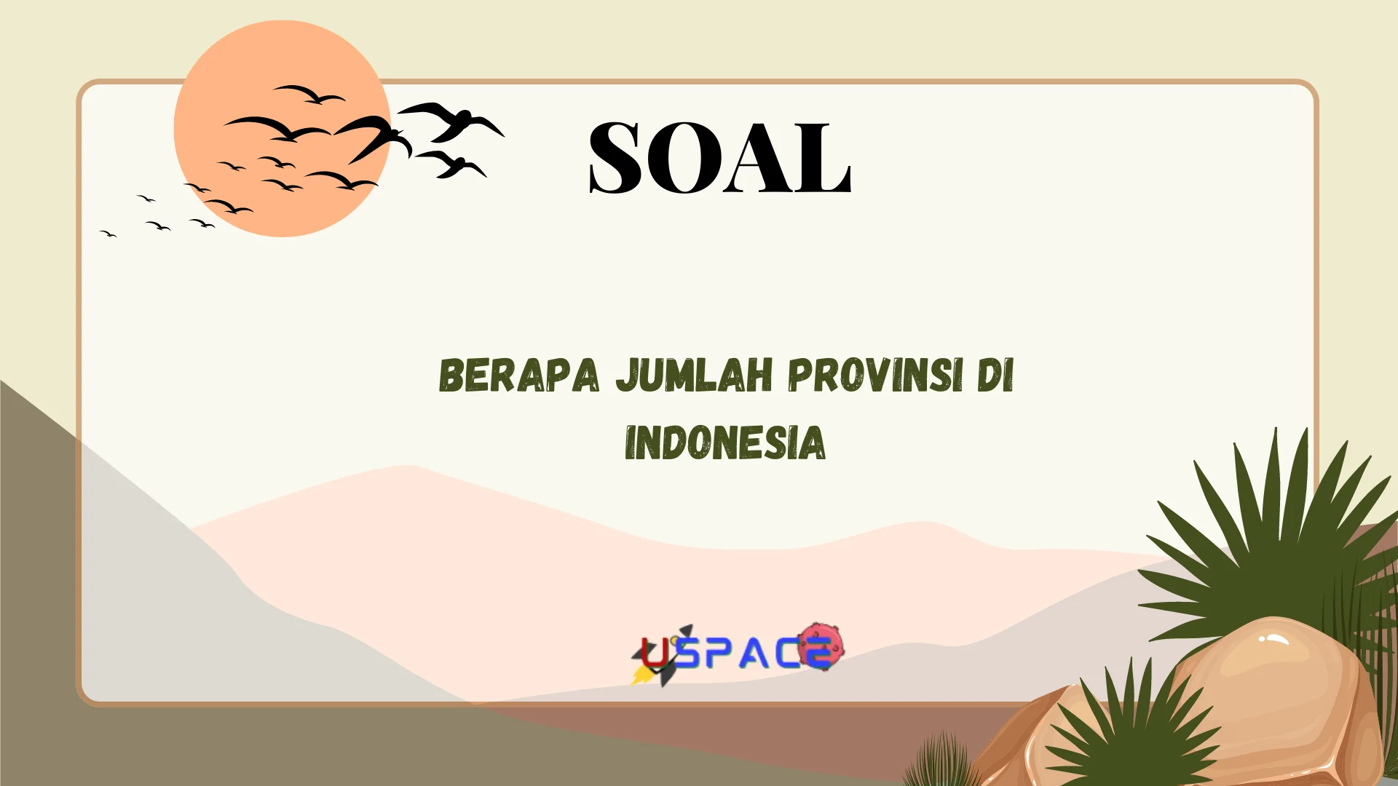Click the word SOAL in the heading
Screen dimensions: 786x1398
[719, 158]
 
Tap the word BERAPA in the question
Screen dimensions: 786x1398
[518, 376]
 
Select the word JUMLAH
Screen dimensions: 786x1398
[694, 376]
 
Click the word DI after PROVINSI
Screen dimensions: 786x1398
[995, 376]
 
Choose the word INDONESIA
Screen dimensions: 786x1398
[725, 443]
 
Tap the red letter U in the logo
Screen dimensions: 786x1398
[655, 654]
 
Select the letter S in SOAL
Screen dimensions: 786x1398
[615, 158]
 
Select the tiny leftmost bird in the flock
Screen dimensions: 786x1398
[108, 234]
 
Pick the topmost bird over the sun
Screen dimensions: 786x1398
[309, 94]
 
